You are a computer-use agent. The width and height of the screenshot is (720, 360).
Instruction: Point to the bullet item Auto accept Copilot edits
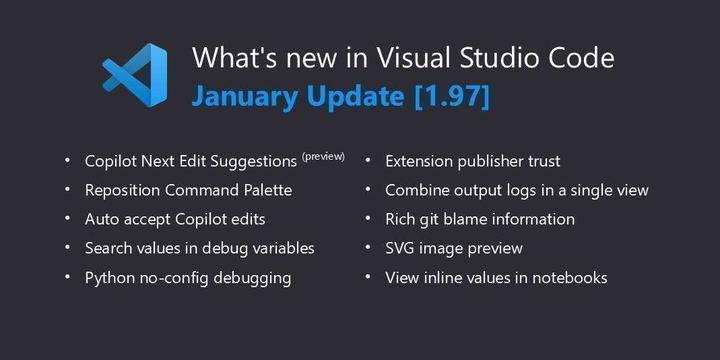175,219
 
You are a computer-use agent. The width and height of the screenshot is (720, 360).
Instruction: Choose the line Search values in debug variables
200,248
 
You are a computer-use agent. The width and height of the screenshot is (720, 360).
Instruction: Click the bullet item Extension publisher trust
472,161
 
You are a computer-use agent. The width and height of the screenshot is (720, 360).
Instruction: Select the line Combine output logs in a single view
517,190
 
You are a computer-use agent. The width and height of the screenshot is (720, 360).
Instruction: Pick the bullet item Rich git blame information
494,219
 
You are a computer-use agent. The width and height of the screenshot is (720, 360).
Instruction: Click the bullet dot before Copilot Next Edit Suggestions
67,161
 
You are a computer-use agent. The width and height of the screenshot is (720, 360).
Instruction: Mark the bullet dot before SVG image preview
368,248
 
